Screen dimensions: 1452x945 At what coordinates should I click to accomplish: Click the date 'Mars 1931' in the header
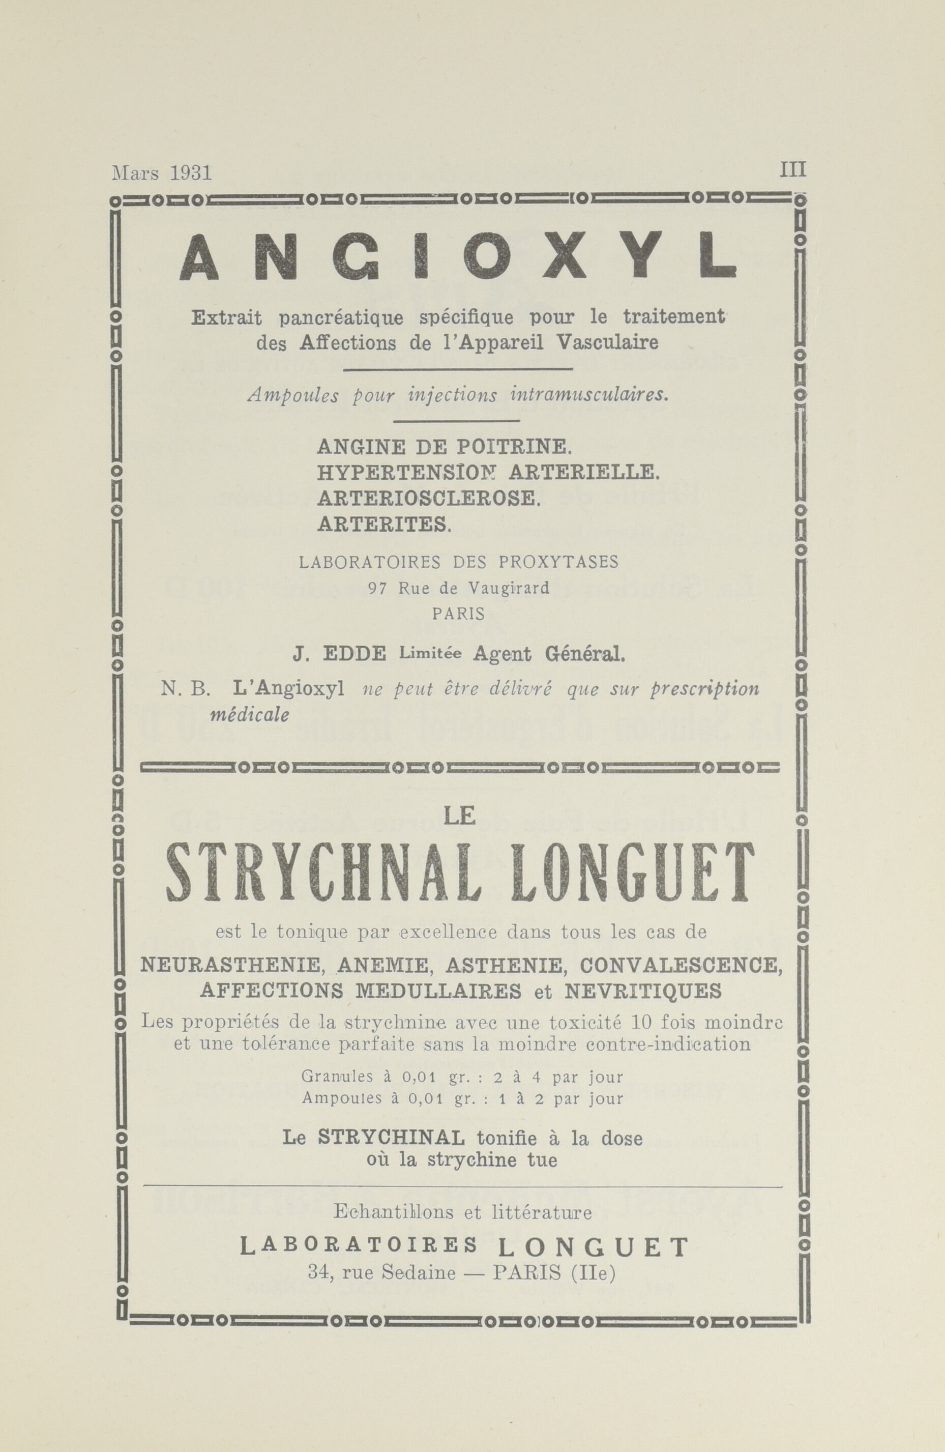(x=162, y=173)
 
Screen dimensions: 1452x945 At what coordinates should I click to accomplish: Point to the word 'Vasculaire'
(x=608, y=343)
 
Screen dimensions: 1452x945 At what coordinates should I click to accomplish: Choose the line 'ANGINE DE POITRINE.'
(x=444, y=447)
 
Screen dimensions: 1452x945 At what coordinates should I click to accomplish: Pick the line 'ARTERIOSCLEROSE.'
(x=429, y=499)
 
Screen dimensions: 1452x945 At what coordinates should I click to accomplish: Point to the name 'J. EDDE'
(x=339, y=654)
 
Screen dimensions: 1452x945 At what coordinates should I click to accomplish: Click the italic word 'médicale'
(x=249, y=714)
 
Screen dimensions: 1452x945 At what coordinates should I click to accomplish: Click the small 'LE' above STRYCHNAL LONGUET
(x=460, y=816)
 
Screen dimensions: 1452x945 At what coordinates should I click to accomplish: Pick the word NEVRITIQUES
(x=642, y=991)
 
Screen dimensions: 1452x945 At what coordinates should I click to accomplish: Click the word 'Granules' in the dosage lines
(x=333, y=1078)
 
